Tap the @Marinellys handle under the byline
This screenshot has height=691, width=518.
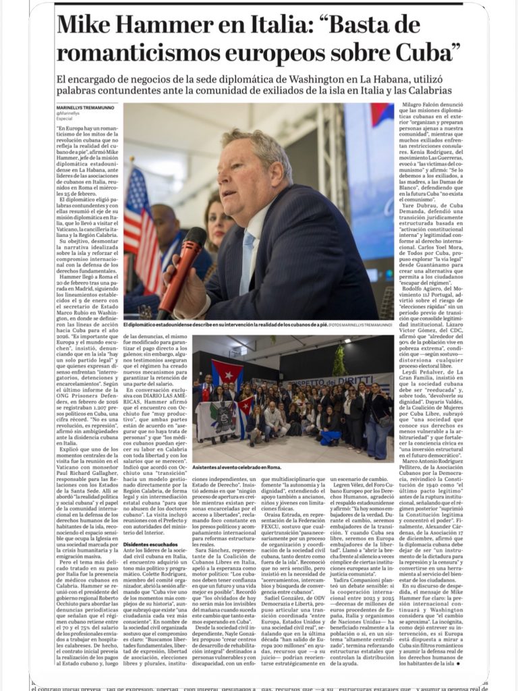69,113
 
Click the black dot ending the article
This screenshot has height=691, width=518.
459,663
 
